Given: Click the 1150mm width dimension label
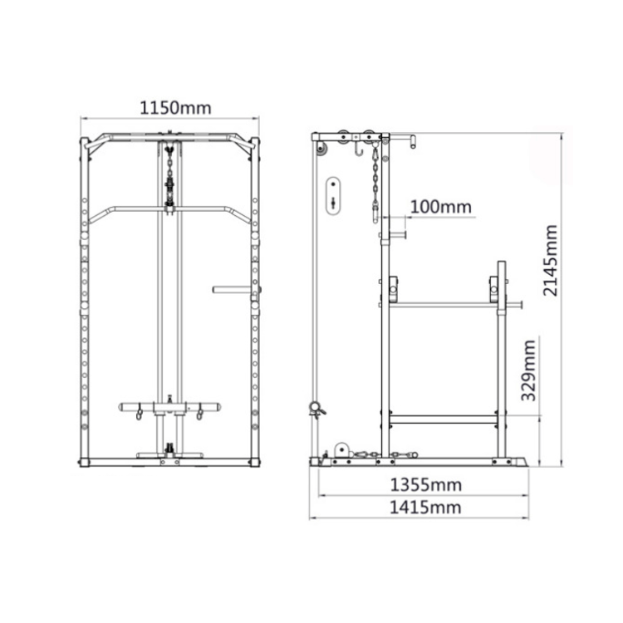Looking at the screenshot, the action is (175, 108).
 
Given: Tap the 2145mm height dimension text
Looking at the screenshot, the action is (550, 261).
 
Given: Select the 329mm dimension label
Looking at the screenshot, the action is (528, 370).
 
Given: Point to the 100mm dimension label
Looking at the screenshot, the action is (440, 207).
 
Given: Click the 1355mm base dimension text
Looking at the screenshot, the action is (426, 485).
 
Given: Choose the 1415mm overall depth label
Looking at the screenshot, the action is (425, 508).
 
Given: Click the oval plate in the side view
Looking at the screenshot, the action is (333, 196).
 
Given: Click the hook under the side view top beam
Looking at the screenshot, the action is (359, 150).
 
